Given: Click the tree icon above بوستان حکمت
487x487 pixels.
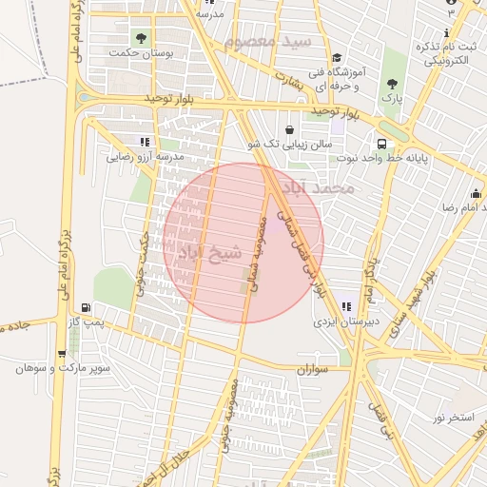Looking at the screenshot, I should [142, 39].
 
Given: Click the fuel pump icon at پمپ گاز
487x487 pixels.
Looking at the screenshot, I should [88, 307].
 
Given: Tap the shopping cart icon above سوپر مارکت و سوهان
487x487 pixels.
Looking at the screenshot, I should [66, 350].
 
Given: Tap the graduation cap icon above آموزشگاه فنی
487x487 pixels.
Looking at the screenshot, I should [337, 57].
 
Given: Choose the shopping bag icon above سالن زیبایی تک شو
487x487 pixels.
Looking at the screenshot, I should [289, 129].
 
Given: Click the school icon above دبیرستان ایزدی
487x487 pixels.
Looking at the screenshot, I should [346, 306].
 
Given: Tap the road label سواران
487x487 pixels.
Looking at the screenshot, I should [311, 368].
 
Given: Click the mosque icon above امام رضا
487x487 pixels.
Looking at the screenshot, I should [475, 193].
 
